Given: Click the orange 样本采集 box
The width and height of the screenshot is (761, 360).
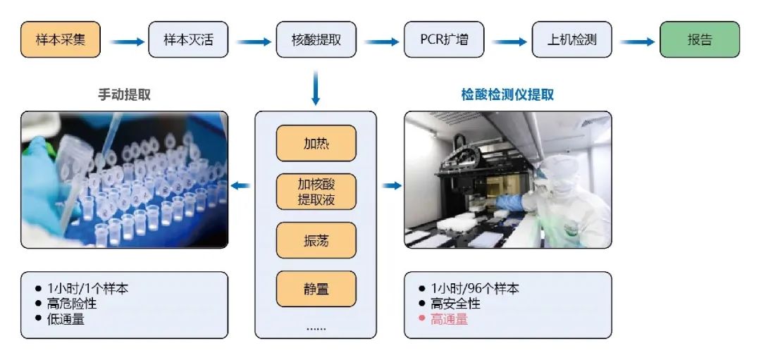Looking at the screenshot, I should pyautogui.click(x=61, y=39).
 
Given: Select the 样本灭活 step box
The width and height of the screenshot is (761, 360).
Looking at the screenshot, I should pyautogui.click(x=188, y=39).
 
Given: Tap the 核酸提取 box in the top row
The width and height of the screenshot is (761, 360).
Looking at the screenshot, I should pyautogui.click(x=316, y=39).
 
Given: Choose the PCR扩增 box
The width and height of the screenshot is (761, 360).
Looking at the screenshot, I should pyautogui.click(x=444, y=39).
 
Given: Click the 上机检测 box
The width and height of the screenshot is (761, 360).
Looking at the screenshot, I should pyautogui.click(x=571, y=39).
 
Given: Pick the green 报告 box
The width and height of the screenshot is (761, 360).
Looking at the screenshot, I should pyautogui.click(x=699, y=39).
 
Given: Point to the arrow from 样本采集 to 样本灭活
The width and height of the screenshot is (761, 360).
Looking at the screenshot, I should pyautogui.click(x=125, y=41).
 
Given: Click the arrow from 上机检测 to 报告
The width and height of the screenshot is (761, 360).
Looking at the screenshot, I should pyautogui.click(x=636, y=41).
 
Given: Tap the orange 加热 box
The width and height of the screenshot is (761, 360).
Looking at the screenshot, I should pyautogui.click(x=316, y=144).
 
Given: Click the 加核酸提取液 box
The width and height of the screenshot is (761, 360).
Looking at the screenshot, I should pyautogui.click(x=316, y=192).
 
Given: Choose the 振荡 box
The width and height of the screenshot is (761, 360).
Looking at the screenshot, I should pyautogui.click(x=316, y=240).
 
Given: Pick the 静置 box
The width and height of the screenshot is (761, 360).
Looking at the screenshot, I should pyautogui.click(x=316, y=288).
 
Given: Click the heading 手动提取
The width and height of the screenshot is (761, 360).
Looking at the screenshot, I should pyautogui.click(x=124, y=94).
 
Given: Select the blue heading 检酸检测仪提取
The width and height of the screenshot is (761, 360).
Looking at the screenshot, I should pyautogui.click(x=507, y=94).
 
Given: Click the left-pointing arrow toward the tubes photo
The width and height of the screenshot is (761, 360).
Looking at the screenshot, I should pyautogui.click(x=241, y=186).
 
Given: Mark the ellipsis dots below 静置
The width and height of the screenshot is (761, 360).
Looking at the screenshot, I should pyautogui.click(x=316, y=328).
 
